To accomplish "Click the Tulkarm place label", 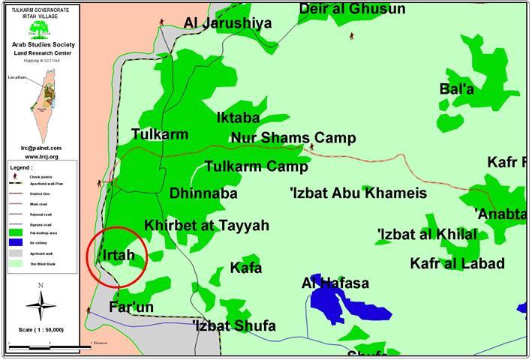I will pyautogui.click(x=159, y=134).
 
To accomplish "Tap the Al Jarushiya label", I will pyautogui.click(x=227, y=23).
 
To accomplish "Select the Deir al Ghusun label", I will pyautogui.click(x=352, y=9).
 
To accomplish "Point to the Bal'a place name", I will pyautogui.click(x=457, y=89).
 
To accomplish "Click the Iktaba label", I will pyautogui.click(x=238, y=118).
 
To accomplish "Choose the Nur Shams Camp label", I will pyautogui.click(x=293, y=138).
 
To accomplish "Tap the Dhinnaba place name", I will pyautogui.click(x=203, y=193).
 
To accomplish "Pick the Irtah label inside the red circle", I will pyautogui.click(x=118, y=255).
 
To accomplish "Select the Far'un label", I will pyautogui.click(x=131, y=307).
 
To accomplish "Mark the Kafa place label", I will pyautogui.click(x=246, y=268).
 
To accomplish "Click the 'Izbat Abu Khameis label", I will pyautogui.click(x=358, y=193).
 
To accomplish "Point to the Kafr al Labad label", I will pyautogui.click(x=457, y=263).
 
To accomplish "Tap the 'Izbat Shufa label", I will pyautogui.click(x=233, y=326).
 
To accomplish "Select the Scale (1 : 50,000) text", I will pyautogui.click(x=41, y=330).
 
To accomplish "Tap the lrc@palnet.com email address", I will pyautogui.click(x=41, y=148).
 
